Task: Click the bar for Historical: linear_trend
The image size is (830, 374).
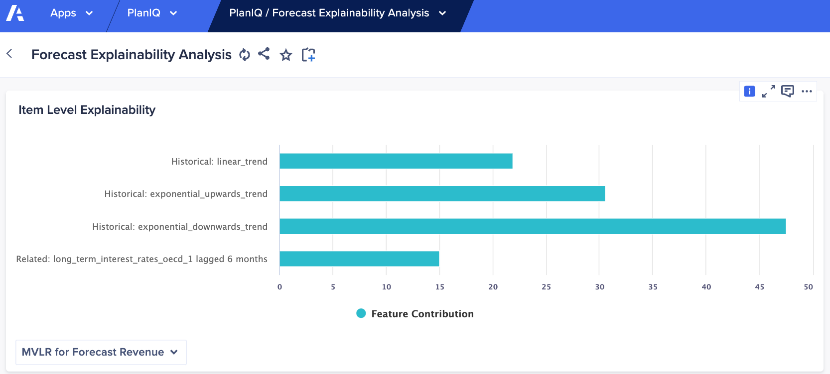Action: pos(396,161)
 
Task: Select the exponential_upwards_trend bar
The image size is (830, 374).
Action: pos(442,193)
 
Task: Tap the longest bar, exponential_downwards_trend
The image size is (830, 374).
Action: pos(533,226)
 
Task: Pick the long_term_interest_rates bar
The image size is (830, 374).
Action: pos(359,259)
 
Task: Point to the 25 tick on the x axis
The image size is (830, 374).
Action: pos(546,287)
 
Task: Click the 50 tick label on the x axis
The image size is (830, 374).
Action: pos(808,287)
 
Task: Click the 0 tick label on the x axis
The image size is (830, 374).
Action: pos(279,287)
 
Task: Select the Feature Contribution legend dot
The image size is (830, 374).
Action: pos(361,313)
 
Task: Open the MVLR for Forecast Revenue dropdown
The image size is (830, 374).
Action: pos(101,352)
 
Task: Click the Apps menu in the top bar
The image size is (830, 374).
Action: pos(71,13)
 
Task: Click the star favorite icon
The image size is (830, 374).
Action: pos(286,55)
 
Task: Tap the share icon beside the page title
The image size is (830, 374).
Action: pos(264,54)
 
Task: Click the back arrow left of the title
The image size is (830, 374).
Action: pos(9,54)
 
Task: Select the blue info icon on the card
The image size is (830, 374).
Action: pos(749,92)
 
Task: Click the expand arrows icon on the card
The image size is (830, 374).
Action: pos(769,92)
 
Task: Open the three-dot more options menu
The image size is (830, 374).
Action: pos(807,92)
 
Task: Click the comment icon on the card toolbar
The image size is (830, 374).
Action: pos(788,92)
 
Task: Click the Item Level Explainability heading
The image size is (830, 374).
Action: pos(87,110)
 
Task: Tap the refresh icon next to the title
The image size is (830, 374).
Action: pos(245,55)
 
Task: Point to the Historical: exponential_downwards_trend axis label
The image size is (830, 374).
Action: pos(180,227)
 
